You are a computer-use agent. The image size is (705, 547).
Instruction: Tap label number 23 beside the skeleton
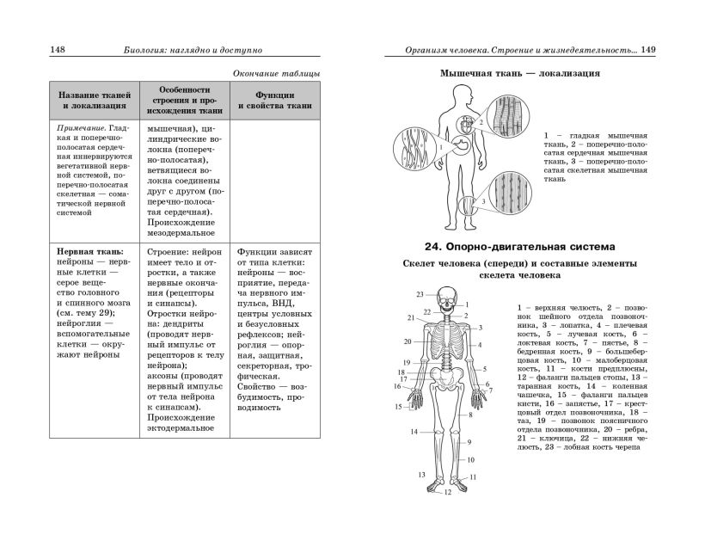click(x=420, y=292)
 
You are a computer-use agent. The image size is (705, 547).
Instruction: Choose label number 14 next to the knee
click(x=414, y=432)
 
